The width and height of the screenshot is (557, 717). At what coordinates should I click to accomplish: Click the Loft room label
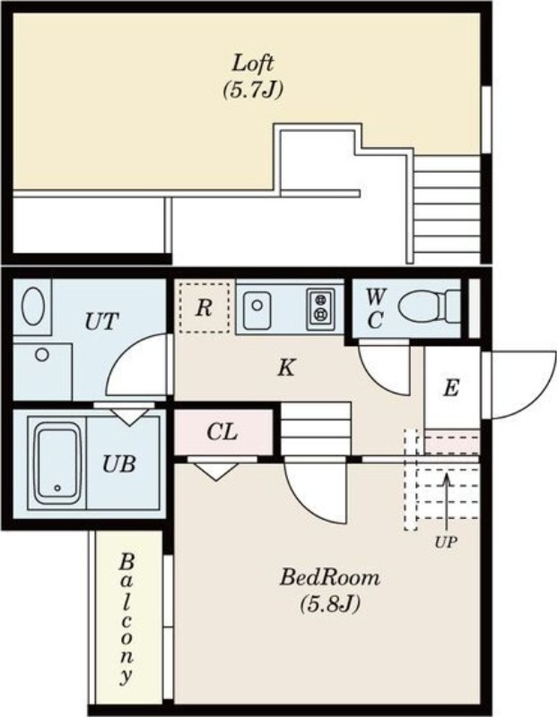[x=253, y=64]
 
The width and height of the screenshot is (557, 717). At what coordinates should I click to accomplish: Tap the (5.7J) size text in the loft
[x=253, y=90]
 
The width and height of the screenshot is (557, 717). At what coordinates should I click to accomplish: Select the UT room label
[x=101, y=322]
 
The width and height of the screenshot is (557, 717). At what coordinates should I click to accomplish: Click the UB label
[x=118, y=464]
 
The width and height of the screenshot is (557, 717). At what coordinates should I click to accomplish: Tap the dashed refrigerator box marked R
[x=205, y=308]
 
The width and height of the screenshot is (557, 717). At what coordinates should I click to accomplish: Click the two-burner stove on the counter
[x=320, y=309]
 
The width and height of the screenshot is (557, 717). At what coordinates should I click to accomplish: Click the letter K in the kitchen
[x=286, y=366]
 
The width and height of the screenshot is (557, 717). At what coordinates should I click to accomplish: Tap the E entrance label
[x=451, y=388]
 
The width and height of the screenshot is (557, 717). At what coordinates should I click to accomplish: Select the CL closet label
[x=222, y=432]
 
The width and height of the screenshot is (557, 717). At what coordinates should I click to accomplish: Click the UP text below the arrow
[x=445, y=542]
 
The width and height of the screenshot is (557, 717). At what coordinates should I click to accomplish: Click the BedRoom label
[x=329, y=577]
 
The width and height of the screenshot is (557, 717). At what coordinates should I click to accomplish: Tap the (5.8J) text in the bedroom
[x=329, y=604]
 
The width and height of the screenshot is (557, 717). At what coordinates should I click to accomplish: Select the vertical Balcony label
[x=127, y=618]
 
